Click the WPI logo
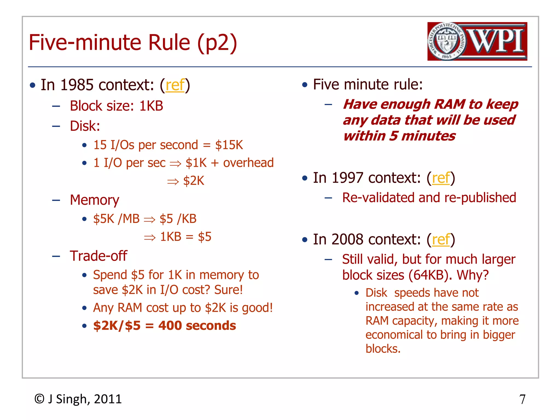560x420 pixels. pyautogui.click(x=477, y=41)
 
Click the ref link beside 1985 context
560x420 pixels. pyautogui.click(x=175, y=85)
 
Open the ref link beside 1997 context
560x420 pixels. pyautogui.click(x=441, y=178)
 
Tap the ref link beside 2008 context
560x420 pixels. pyautogui.click(x=441, y=240)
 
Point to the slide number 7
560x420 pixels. pyautogui.click(x=522, y=399)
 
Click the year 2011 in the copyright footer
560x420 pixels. pyautogui.click(x=108, y=399)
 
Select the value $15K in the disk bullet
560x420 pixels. pyautogui.click(x=229, y=145)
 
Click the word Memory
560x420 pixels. pyautogui.click(x=95, y=200)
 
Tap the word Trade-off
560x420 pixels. pyautogui.click(x=98, y=256)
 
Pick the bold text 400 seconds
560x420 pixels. pyautogui.click(x=197, y=326)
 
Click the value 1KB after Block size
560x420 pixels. pyautogui.click(x=151, y=106)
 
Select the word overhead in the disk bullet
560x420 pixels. pyautogui.click(x=248, y=163)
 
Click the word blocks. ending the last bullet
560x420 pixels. pyautogui.click(x=383, y=349)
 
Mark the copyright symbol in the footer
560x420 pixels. pyautogui.click(x=39, y=399)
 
